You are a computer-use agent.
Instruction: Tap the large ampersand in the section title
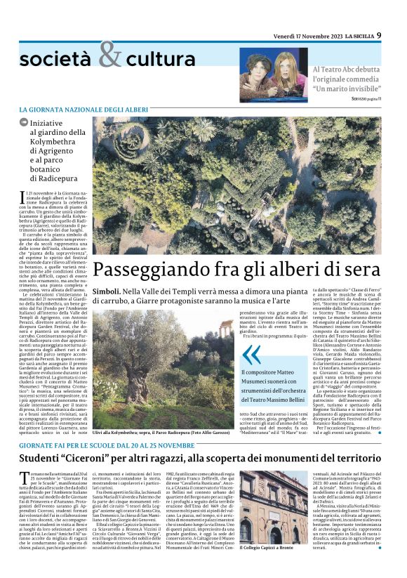109,55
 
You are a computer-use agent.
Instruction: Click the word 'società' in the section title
54,60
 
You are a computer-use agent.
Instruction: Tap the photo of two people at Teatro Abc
264,72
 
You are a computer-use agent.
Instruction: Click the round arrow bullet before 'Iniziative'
24,122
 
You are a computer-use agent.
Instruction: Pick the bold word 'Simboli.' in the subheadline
109,289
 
